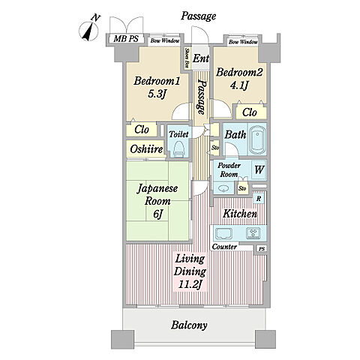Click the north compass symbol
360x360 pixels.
tap(89, 30)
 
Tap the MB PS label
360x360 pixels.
tap(126, 39)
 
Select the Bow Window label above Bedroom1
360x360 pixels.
tap(165, 40)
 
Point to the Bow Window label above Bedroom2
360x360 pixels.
tap(243, 42)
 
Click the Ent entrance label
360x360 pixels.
tap(201, 58)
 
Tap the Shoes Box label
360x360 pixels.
tap(187, 58)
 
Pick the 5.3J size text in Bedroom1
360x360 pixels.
tap(157, 94)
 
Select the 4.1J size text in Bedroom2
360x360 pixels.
tap(239, 85)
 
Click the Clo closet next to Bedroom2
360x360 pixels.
tap(250, 112)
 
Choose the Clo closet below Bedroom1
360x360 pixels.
tap(142, 130)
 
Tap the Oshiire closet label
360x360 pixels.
tap(146, 149)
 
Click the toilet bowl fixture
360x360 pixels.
tap(179, 148)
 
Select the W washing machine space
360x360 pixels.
tap(259, 169)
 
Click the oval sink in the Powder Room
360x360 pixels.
tap(223, 188)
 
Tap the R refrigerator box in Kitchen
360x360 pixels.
tap(259, 199)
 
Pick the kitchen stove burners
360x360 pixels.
tap(253, 233)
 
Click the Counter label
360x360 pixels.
tap(224, 247)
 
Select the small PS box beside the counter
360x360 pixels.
tap(262, 249)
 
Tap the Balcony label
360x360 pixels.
tap(189, 325)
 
